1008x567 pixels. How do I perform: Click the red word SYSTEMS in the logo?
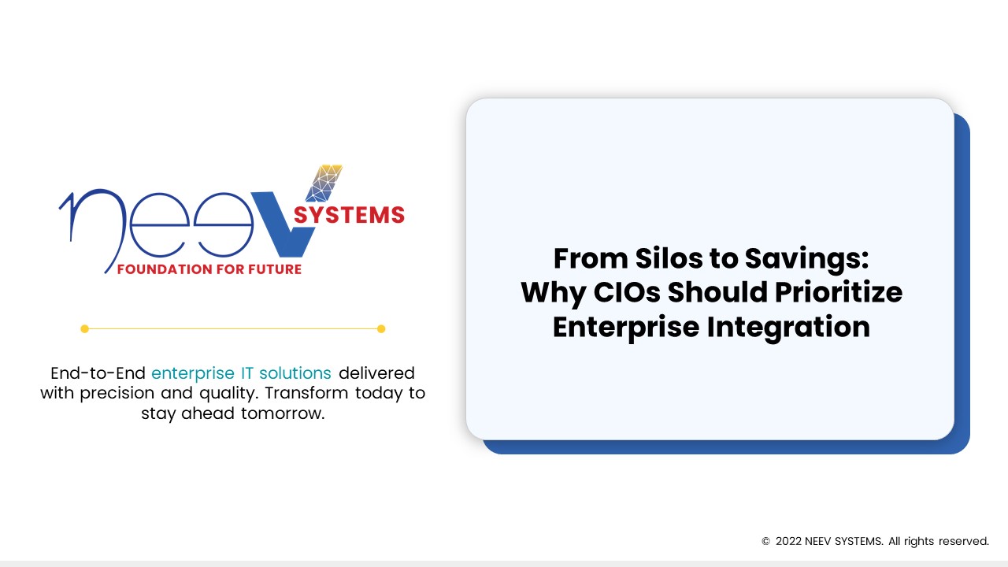pyautogui.click(x=349, y=215)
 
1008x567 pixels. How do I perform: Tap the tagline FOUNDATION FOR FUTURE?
pyautogui.click(x=209, y=269)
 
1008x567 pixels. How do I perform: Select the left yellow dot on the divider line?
pyautogui.click(x=84, y=329)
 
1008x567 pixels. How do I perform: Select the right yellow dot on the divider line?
pyautogui.click(x=381, y=329)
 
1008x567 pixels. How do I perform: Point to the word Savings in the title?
pyautogui.click(x=806, y=260)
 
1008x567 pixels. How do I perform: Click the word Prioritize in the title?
pyautogui.click(x=839, y=292)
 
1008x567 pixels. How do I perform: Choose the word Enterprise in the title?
pyautogui.click(x=626, y=328)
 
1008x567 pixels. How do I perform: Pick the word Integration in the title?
pyautogui.click(x=788, y=328)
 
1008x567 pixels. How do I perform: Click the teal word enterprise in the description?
pyautogui.click(x=193, y=374)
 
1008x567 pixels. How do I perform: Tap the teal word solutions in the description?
pyautogui.click(x=295, y=373)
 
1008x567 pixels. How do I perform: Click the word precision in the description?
pyautogui.click(x=117, y=394)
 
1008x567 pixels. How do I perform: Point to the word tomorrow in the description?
pyautogui.click(x=283, y=413)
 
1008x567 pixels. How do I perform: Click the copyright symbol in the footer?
pyautogui.click(x=765, y=541)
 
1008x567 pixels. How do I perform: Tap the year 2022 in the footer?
pyautogui.click(x=788, y=541)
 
